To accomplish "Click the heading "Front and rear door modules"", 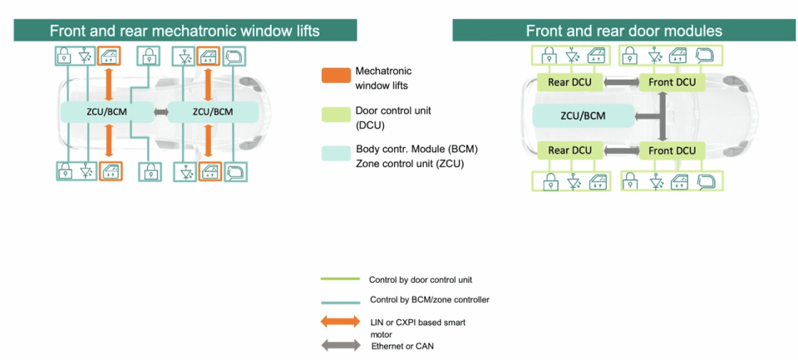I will [623, 31].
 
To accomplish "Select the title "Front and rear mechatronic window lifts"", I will [185, 31].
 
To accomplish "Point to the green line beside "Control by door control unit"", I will [339, 279].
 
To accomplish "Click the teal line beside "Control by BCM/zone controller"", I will [339, 299].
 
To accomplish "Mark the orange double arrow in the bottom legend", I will [339, 321].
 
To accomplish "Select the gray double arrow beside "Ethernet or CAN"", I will [339, 343].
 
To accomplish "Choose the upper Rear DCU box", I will [569, 82].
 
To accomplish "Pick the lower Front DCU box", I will [672, 150].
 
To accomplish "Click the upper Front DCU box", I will [672, 82].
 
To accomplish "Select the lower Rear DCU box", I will [569, 150].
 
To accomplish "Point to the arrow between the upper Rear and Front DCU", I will [621, 82].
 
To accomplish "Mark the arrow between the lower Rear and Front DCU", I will [621, 150].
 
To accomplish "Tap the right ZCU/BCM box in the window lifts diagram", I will [213, 111].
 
